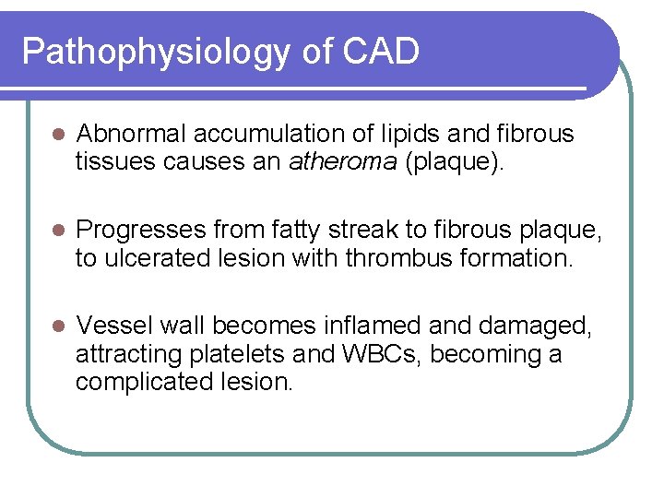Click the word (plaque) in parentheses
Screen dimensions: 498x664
(456, 163)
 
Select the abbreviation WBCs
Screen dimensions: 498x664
(393, 354)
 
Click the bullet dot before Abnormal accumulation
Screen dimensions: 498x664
(56, 135)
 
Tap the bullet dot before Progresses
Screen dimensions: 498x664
(56, 230)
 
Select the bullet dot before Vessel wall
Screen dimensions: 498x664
(56, 326)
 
